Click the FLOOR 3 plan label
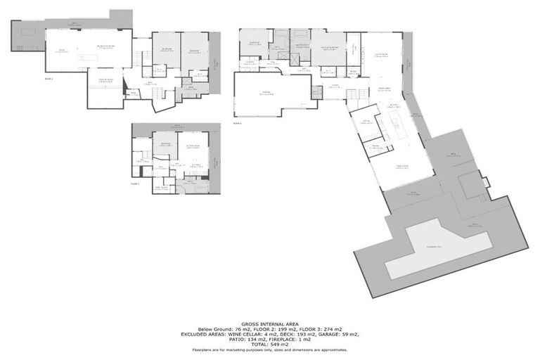[x=238, y=122]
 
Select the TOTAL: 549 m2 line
[x=269, y=343]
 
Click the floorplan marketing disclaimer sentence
[x=269, y=349]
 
